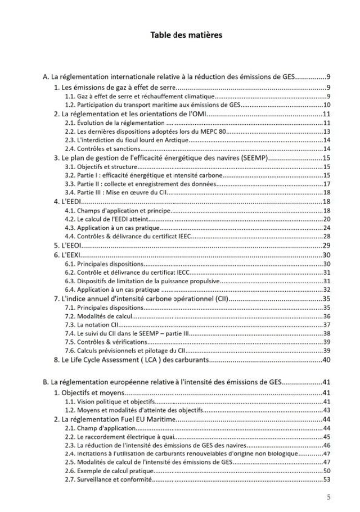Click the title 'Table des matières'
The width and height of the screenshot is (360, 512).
coord(186,35)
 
